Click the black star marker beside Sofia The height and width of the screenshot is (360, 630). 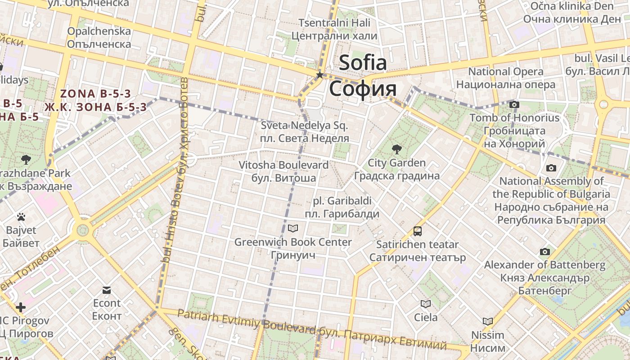point(320,75)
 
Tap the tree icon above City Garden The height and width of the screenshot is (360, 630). point(396,149)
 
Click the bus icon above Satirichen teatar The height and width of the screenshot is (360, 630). point(418,231)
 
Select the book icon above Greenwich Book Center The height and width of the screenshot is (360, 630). point(293,229)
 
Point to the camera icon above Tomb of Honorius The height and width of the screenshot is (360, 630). point(514,105)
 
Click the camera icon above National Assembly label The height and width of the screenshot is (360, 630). point(551,168)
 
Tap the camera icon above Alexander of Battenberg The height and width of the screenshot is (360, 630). point(545,252)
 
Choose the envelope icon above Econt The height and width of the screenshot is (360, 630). point(107,290)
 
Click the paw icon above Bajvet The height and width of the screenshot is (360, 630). point(21,217)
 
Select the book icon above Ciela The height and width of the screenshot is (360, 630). point(425,304)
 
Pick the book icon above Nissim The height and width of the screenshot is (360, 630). point(488,321)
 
